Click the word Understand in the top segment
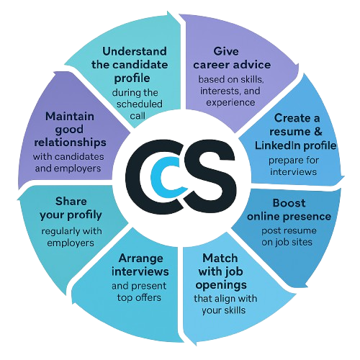[x=135, y=51]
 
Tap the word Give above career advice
[x=226, y=51]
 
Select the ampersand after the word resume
[x=318, y=132]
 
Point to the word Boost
[x=289, y=203]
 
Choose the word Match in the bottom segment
[x=220, y=258]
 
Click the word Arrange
[x=141, y=259]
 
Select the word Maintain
[x=70, y=117]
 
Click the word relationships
[x=70, y=143]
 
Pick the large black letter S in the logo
[x=208, y=176]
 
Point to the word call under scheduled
[x=138, y=116]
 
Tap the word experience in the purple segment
[x=230, y=103]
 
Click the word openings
[x=221, y=285]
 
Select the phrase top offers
[x=139, y=298]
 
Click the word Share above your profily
[x=71, y=202]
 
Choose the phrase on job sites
[x=287, y=242]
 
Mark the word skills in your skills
[x=235, y=310]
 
